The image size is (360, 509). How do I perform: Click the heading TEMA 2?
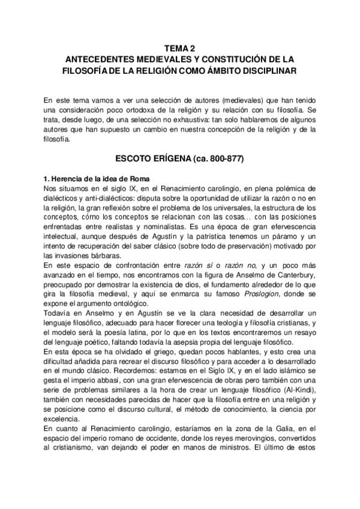(179, 49)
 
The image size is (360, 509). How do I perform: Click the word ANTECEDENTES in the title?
(101, 59)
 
